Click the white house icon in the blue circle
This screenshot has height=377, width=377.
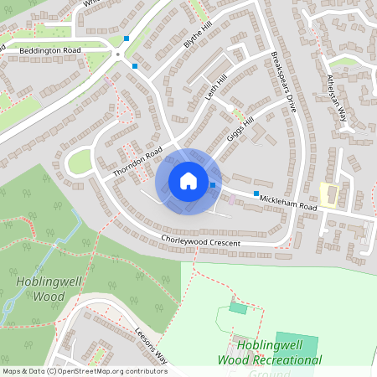(188, 181)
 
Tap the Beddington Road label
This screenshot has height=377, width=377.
(49, 50)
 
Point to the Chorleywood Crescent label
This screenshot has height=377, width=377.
(201, 242)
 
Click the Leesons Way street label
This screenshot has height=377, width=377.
(150, 341)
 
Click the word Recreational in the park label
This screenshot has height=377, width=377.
(281, 360)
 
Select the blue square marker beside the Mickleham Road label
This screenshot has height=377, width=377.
(256, 193)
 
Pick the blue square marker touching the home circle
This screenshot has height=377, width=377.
(213, 184)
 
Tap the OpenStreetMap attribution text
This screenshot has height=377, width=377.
(84, 370)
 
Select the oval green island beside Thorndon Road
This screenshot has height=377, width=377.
(80, 162)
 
